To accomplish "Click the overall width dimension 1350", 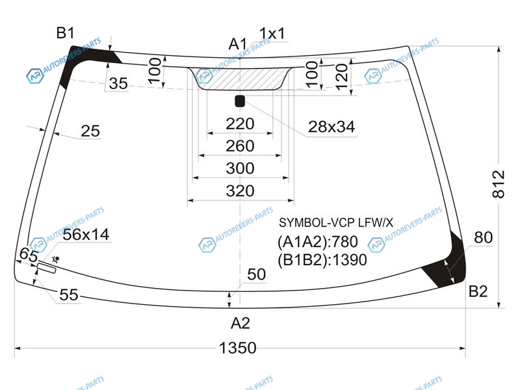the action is (x=238, y=348).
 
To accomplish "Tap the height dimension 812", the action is (x=498, y=185).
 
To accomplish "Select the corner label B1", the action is (x=66, y=33).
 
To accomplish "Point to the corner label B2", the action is (x=478, y=291).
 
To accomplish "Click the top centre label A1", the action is (x=238, y=44).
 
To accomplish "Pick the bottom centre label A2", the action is (x=240, y=323).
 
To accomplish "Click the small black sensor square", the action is (x=240, y=101).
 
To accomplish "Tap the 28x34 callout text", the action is (x=331, y=127).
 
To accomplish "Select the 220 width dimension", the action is (x=240, y=123).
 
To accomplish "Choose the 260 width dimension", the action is (x=240, y=146).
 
